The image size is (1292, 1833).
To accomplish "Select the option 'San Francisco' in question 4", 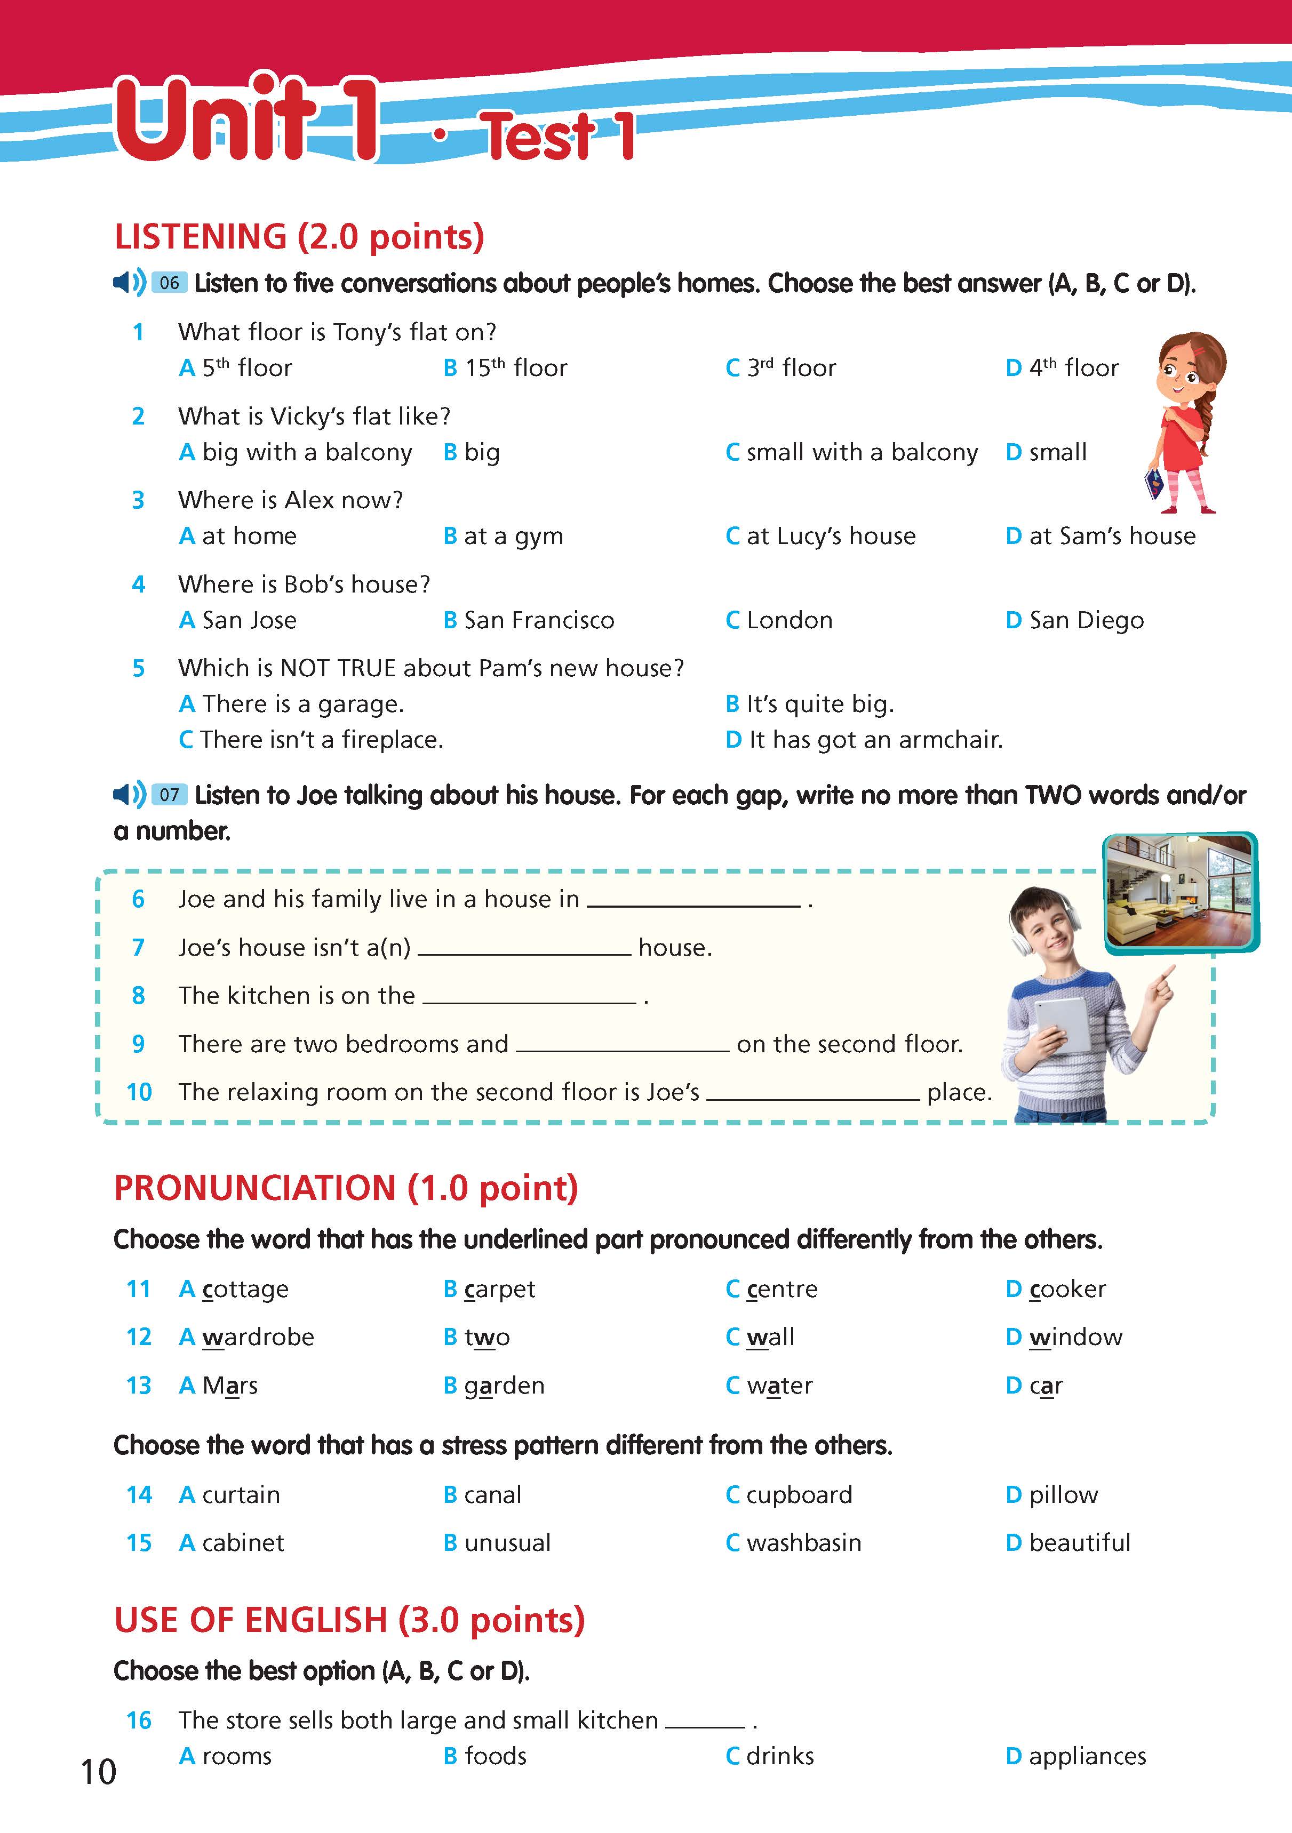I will click(x=538, y=620).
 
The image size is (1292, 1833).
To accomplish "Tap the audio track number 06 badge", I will click(x=169, y=283).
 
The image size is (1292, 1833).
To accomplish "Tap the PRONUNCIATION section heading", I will click(x=346, y=1188).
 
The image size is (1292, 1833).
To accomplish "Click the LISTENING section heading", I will click(x=299, y=237).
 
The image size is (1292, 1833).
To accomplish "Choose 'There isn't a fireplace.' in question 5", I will click(x=321, y=740).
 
